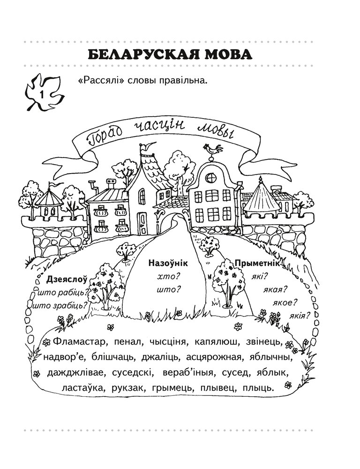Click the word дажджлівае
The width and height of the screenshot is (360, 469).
pyautogui.click(x=73, y=372)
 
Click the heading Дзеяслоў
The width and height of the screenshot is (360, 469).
pyautogui.click(x=67, y=280)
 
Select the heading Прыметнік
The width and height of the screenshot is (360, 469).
pyautogui.click(x=257, y=264)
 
